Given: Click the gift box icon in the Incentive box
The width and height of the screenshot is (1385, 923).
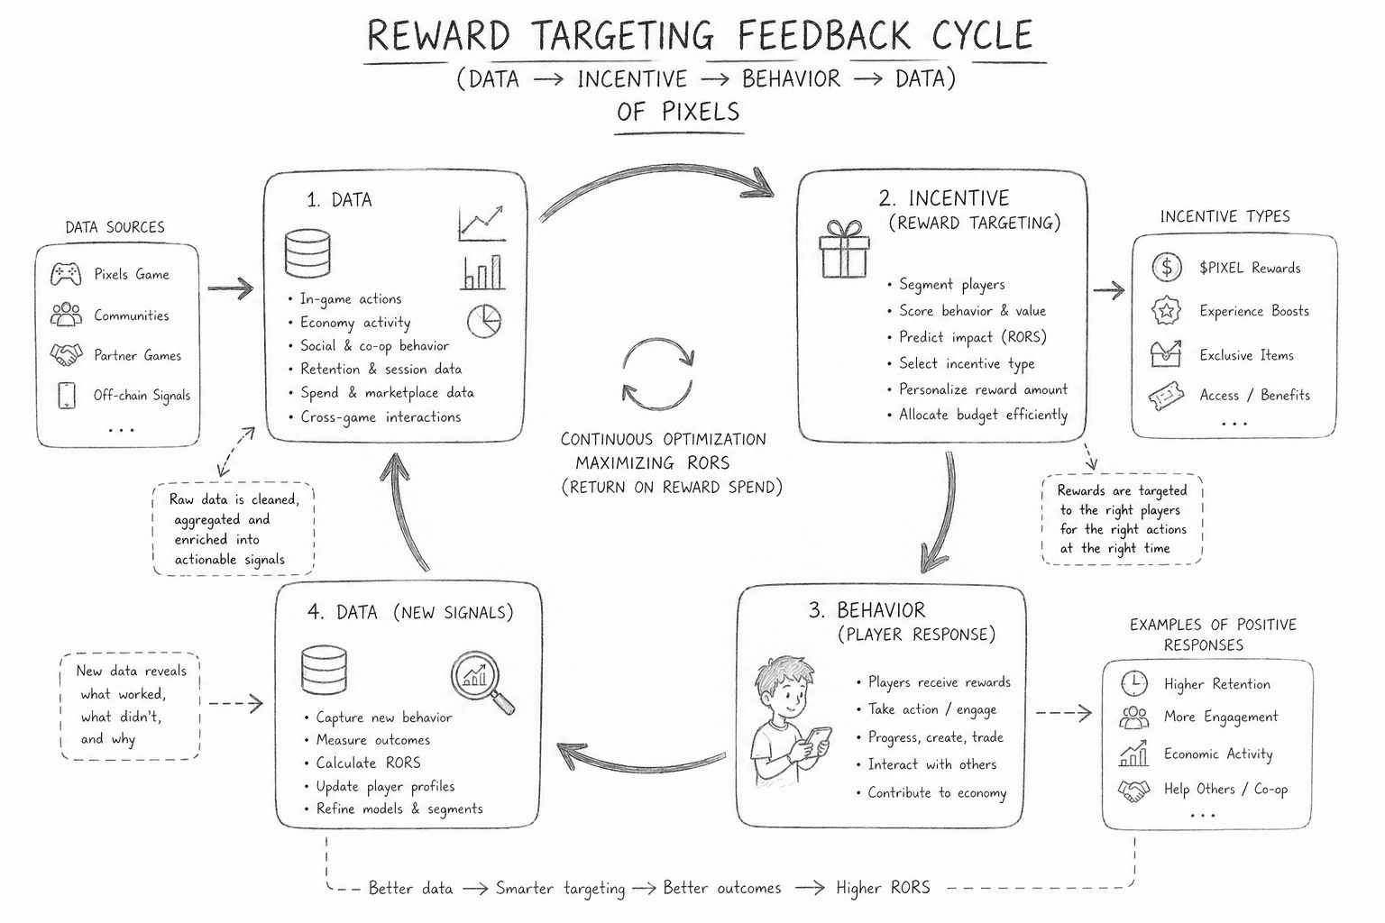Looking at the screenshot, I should pyautogui.click(x=844, y=250).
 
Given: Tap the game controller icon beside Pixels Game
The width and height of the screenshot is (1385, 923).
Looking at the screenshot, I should pyautogui.click(x=67, y=273).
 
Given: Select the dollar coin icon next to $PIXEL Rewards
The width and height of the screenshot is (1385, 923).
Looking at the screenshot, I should pyautogui.click(x=1167, y=267).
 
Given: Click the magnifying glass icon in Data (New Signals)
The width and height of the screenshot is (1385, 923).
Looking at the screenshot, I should pyautogui.click(x=482, y=682).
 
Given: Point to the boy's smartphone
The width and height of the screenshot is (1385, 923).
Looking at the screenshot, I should pyautogui.click(x=817, y=741).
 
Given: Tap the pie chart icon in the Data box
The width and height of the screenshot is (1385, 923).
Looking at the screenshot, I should pyautogui.click(x=484, y=320).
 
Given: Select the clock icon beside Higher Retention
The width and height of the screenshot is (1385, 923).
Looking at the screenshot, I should pyautogui.click(x=1133, y=683).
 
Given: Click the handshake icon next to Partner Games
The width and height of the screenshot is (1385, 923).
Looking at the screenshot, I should pyautogui.click(x=66, y=355).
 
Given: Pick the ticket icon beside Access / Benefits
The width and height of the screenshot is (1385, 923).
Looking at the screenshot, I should pyautogui.click(x=1166, y=395).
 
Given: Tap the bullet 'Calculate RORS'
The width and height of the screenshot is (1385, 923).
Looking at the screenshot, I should pyautogui.click(x=368, y=763).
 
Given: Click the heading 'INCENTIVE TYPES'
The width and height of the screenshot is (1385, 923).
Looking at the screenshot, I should pyautogui.click(x=1224, y=216).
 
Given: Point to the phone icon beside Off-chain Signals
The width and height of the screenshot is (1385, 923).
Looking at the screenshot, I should pyautogui.click(x=67, y=395).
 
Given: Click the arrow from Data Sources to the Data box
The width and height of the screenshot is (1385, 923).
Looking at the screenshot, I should pyautogui.click(x=230, y=289).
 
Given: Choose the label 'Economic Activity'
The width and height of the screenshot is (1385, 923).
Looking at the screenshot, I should pyautogui.click(x=1217, y=754).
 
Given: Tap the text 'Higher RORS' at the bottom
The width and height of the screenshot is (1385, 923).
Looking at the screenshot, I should pyautogui.click(x=882, y=888).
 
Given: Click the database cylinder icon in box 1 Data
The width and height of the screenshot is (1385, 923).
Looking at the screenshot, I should pyautogui.click(x=307, y=254).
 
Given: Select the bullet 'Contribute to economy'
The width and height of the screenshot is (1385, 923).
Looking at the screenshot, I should pyautogui.click(x=936, y=793).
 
